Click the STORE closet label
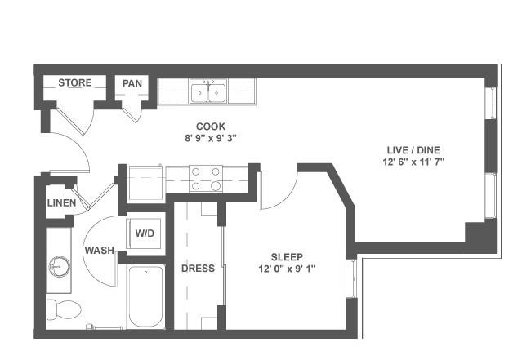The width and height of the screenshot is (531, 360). point(75,83)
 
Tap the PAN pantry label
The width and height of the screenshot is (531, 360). point(132,83)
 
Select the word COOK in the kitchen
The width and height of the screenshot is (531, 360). point(211,127)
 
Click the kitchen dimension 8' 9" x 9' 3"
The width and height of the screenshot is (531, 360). point(211,139)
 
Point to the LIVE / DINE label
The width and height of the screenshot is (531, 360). point(413,150)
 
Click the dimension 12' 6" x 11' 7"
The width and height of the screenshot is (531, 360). point(413,162)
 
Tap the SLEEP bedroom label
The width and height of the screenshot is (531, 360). point(287,257)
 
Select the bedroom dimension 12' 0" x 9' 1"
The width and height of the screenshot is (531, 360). point(287,269)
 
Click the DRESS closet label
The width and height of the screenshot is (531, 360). point(199,269)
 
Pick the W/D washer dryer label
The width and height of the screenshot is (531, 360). point(145,233)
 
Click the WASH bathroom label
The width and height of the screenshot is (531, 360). point(99,251)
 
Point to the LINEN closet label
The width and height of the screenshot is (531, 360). point(61,203)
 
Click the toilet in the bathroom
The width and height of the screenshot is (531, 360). point(64,309)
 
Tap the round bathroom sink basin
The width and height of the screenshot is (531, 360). point(60,266)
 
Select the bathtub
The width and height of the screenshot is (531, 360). point(145,296)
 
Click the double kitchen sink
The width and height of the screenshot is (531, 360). point(208,91)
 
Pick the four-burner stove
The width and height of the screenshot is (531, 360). point(206,179)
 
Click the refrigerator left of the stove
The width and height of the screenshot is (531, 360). point(145,184)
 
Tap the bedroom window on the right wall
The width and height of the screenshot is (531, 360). point(351,279)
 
